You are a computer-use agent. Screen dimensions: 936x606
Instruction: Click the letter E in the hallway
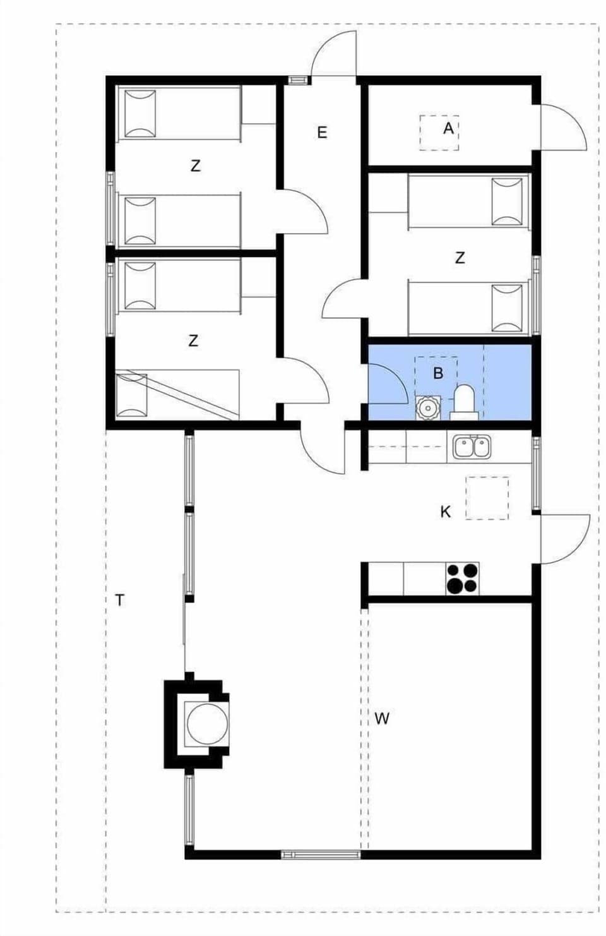pyautogui.click(x=322, y=133)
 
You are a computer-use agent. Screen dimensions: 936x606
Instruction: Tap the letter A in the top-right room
pyautogui.click(x=448, y=128)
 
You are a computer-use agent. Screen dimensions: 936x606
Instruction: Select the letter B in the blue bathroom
pyautogui.click(x=438, y=373)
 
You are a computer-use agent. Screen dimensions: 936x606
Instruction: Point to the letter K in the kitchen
pyautogui.click(x=446, y=512)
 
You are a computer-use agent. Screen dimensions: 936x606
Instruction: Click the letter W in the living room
pyautogui.click(x=382, y=718)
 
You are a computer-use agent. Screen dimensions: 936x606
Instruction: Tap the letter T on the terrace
pyautogui.click(x=120, y=600)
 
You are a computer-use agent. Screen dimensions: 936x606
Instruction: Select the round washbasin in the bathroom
pyautogui.click(x=428, y=407)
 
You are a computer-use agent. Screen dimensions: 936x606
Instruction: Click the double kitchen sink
pyautogui.click(x=472, y=447)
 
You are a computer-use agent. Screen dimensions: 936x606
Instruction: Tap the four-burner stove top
pyautogui.click(x=462, y=579)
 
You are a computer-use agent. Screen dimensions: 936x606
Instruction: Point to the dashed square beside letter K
pyautogui.click(x=487, y=498)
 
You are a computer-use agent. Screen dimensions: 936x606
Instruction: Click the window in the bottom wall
pyautogui.click(x=321, y=855)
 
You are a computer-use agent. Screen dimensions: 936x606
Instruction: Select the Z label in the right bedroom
pyautogui.click(x=460, y=258)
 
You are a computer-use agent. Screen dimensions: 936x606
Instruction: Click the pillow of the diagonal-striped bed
pyautogui.click(x=132, y=395)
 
